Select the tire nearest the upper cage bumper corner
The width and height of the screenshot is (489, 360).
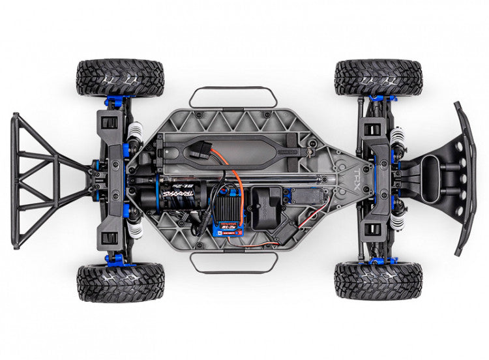(x=120, y=78)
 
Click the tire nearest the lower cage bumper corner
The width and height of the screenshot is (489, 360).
(x=120, y=282)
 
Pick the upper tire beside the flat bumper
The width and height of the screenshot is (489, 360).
(x=378, y=78)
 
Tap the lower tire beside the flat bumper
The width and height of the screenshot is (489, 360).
(x=378, y=281)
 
